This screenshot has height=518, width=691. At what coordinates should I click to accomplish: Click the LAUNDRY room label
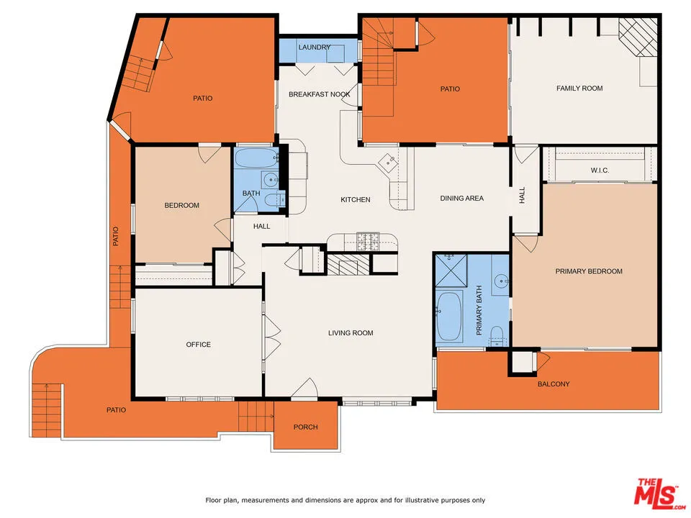[315, 47]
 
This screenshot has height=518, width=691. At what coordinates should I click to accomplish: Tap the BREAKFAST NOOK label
[320, 94]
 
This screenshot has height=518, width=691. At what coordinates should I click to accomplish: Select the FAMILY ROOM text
[579, 88]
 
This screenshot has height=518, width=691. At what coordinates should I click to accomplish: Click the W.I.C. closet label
[600, 171]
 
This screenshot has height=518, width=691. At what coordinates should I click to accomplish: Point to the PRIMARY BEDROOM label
[589, 271]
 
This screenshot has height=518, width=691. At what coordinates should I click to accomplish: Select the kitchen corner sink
[389, 162]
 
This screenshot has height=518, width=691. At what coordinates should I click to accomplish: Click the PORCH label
[305, 427]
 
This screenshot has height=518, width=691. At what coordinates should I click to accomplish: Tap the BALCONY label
[554, 384]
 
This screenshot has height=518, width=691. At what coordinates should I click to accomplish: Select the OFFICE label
[199, 345]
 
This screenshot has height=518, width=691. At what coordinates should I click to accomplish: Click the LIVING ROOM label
[351, 333]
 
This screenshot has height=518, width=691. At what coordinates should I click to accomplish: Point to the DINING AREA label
[461, 199]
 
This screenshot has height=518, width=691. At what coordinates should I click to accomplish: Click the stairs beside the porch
[256, 415]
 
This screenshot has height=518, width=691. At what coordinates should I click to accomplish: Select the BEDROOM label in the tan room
[181, 206]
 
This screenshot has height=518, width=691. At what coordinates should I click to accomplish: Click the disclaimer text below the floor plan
[345, 500]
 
